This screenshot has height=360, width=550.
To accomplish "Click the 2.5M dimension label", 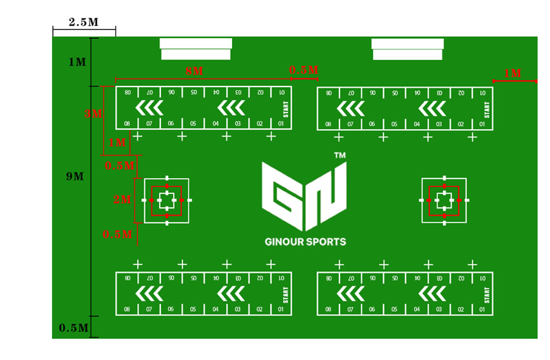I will coord(83,22).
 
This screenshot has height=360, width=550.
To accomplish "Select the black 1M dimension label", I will coord(77,62).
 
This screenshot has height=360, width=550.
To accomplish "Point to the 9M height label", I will coord(74,176).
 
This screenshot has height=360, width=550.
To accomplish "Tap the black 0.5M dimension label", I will coord(73,328).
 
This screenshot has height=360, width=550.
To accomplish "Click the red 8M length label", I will coord(194,71).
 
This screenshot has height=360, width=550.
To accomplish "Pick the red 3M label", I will coord(93,114).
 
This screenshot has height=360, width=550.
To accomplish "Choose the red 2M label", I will coord(121,200).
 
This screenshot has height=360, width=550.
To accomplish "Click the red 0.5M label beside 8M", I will coord(304,70).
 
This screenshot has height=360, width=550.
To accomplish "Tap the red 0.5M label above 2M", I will coord(120,166).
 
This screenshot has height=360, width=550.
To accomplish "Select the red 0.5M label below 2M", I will coord(118,235).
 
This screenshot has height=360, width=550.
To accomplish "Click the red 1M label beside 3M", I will coord(117,143).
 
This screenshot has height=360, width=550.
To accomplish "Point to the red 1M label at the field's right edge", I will coord(512,74).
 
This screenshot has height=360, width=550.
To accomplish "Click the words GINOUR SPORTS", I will coord(305,242).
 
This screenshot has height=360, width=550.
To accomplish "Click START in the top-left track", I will coord(286,109).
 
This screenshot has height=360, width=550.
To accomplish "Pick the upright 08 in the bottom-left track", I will coord(127,309).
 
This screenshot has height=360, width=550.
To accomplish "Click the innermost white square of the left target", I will coord(167,200).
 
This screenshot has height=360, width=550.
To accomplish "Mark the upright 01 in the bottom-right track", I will coord(483,310).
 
